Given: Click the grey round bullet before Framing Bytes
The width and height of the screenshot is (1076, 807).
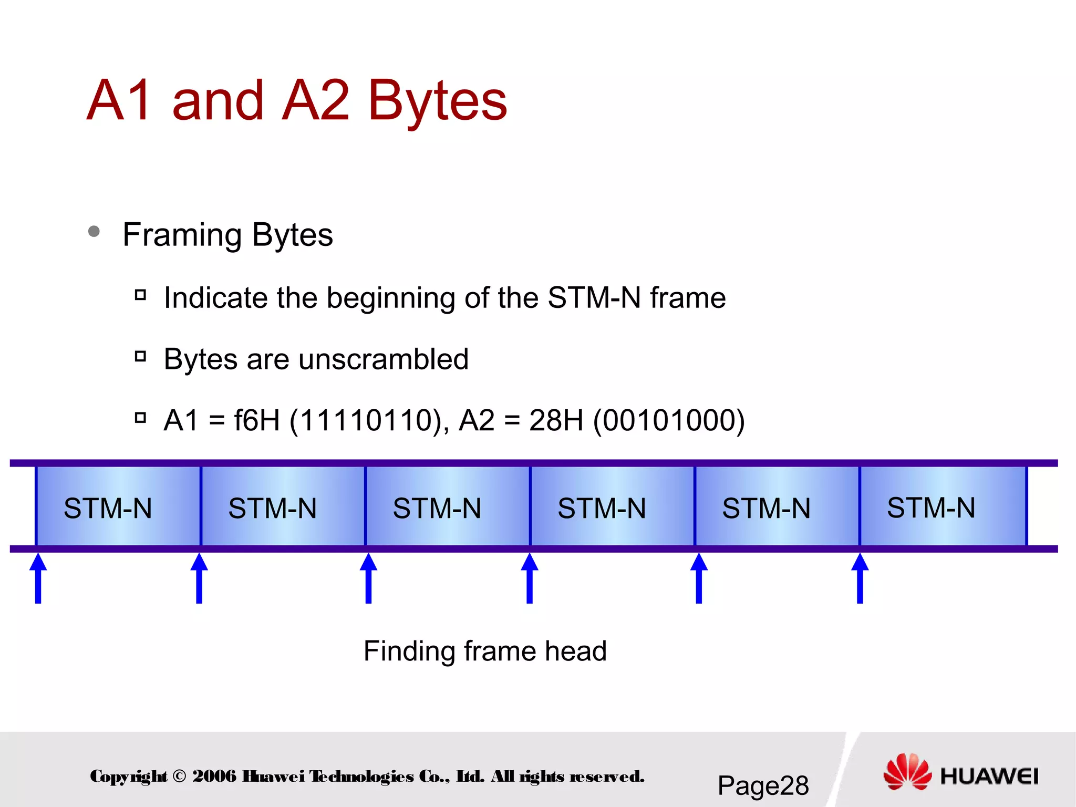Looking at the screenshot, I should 94,231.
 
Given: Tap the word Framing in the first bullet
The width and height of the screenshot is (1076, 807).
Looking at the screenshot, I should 182,234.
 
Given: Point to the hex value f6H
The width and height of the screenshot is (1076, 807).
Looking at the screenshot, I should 256,420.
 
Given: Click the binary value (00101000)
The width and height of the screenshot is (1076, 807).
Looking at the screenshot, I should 668,420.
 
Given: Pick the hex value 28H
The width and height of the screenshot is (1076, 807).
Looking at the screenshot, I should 556,420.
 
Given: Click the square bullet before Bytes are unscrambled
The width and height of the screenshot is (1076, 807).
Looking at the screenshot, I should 140,357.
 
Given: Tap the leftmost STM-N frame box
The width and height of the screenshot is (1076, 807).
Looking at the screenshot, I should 118,507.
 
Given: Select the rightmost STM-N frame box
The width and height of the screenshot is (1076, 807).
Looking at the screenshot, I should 943,507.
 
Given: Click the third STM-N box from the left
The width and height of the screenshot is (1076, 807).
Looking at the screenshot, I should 447,507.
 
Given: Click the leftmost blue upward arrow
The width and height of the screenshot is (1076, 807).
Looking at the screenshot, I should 38,578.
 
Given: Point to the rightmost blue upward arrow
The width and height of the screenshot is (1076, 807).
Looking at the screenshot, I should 860,578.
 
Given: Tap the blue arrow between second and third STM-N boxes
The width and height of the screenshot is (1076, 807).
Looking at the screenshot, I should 368,578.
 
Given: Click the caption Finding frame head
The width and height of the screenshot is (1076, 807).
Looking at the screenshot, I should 485,651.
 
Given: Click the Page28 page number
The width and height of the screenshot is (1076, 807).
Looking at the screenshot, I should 763,785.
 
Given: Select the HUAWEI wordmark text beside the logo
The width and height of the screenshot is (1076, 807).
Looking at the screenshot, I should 989,776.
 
